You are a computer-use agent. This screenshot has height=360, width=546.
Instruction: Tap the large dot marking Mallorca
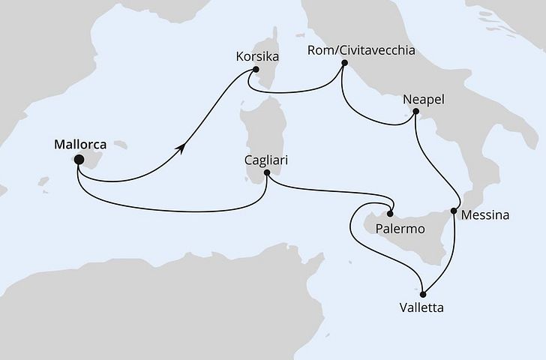click(77, 159)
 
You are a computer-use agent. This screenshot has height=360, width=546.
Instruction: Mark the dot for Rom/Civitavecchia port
click(344, 64)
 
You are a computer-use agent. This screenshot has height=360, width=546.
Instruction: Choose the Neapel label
click(424, 99)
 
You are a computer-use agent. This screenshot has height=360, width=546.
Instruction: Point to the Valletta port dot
click(423, 293)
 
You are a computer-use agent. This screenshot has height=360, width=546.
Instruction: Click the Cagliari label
click(265, 160)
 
